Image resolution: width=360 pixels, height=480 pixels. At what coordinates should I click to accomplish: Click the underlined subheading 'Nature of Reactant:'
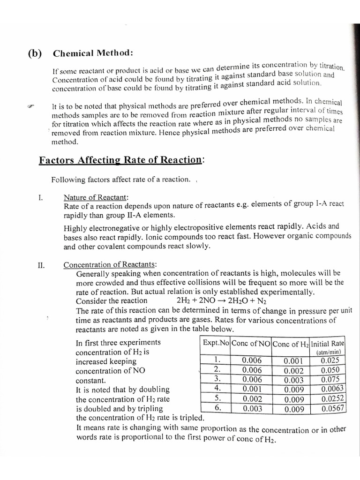pyautogui.click(x=96, y=198)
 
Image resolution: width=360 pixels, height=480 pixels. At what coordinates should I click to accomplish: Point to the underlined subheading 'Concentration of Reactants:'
pyautogui.click(x=110, y=265)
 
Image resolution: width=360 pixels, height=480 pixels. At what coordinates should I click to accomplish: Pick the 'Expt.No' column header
pyautogui.click(x=216, y=343)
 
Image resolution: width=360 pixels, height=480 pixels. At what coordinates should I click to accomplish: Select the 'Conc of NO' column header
pyautogui.click(x=251, y=343)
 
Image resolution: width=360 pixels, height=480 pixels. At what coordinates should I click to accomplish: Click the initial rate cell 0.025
pyautogui.click(x=330, y=360)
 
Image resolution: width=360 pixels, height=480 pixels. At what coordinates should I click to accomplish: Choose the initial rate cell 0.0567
pyautogui.click(x=333, y=408)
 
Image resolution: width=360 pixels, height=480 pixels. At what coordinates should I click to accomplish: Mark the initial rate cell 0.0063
pyautogui.click(x=333, y=389)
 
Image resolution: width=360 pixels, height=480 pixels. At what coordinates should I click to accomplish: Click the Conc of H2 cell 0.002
pyautogui.click(x=294, y=370)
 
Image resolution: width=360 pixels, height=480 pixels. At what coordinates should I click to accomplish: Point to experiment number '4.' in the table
pyautogui.click(x=217, y=388)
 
